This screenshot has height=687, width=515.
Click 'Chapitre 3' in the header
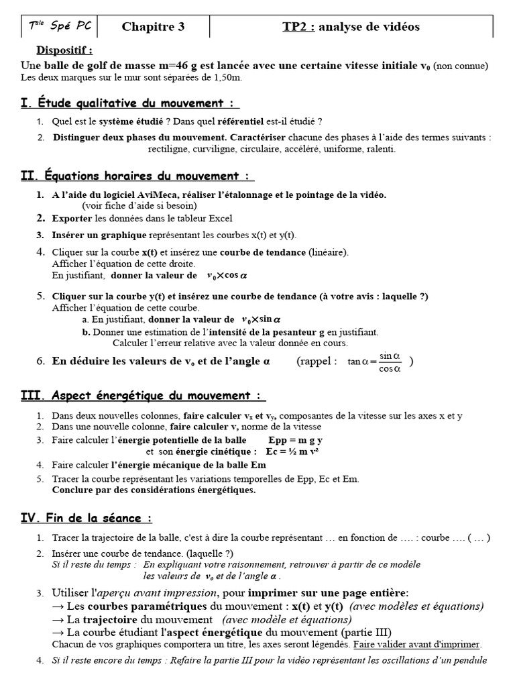tap(153, 27)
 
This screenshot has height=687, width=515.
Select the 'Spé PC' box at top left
tap(59, 27)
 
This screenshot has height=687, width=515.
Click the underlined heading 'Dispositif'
tap(64, 50)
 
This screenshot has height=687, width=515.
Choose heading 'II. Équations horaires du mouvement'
tap(137, 176)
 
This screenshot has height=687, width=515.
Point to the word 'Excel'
tap(221, 219)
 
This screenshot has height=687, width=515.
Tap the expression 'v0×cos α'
tap(227, 275)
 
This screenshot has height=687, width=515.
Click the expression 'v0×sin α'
tap(262, 320)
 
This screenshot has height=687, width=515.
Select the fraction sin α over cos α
tap(390, 362)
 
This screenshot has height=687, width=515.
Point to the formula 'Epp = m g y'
tap(295, 440)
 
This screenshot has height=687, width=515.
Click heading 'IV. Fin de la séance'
tap(87, 518)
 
